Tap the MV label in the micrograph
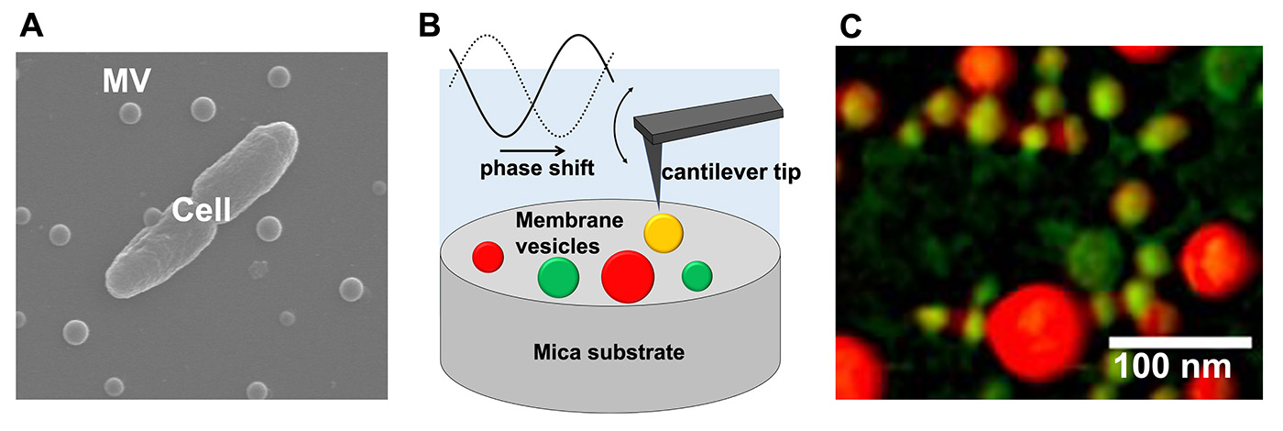click(x=127, y=85)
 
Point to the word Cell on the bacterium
click(x=201, y=215)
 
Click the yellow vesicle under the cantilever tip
click(x=663, y=233)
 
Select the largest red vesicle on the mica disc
click(x=628, y=276)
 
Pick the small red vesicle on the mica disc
click(x=488, y=256)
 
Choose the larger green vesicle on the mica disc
click(x=558, y=276)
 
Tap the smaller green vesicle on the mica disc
click(x=697, y=274)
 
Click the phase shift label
click(x=537, y=169)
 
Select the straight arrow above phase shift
click(x=532, y=145)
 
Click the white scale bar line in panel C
click(x=1180, y=342)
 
